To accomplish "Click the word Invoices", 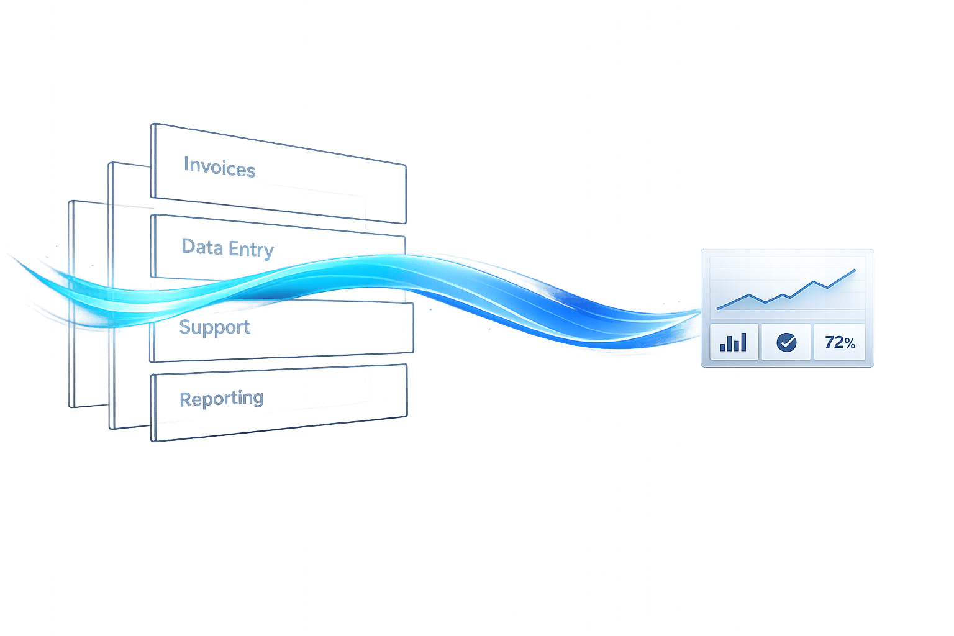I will pos(219,167).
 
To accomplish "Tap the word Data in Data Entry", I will pos(202,247).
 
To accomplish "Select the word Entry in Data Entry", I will pos(251,249).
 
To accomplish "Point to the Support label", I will pos(214,327).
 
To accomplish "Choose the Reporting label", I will pos(221,398).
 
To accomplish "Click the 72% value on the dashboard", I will pos(840,342).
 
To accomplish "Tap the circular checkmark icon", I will pos(787,342).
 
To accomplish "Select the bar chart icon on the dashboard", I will pos(734,342).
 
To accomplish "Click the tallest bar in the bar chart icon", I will pos(743,342).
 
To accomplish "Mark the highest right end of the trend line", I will pos(855,270).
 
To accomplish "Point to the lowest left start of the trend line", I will pos(718,308).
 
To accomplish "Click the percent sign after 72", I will pos(849,343).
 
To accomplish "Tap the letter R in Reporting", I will pos(185,399).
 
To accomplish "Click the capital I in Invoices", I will pos(186,164).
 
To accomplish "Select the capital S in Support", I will pos(184,326).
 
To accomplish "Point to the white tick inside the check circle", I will pos(787,342).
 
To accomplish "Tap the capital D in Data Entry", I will pos(188,246).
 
